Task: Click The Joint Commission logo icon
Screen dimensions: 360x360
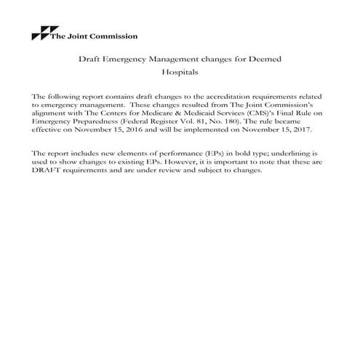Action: click(38, 34)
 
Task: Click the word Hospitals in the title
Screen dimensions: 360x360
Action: click(180, 73)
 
